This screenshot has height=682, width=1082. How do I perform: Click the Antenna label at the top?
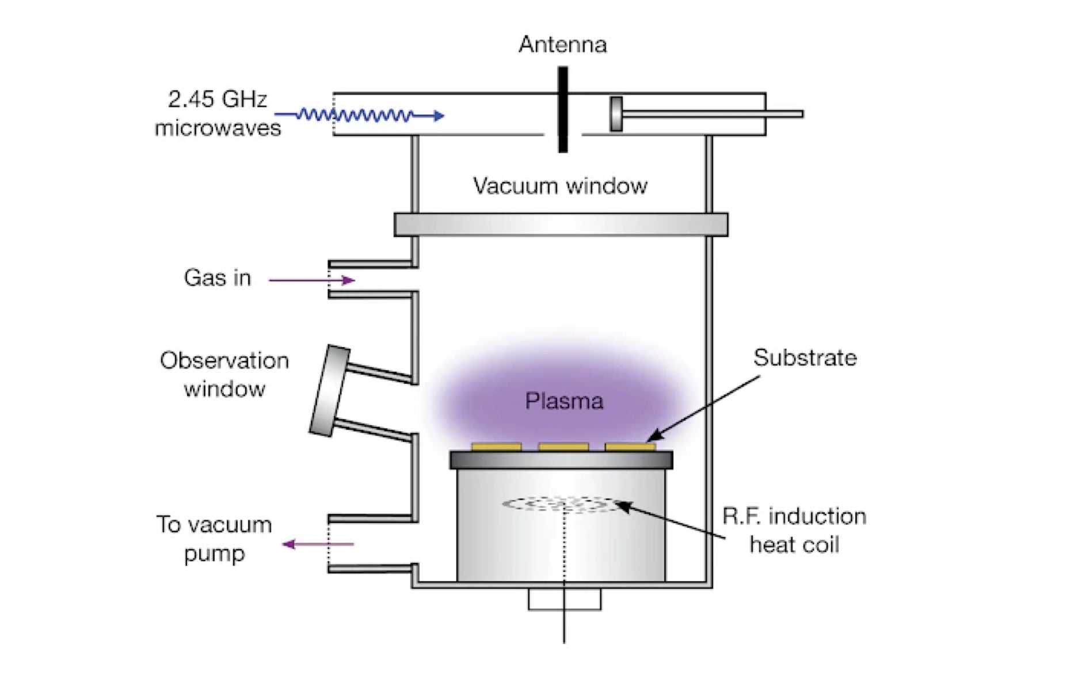[x=562, y=45]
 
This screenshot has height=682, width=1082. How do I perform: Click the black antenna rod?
[x=563, y=109]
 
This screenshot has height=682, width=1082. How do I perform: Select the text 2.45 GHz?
[x=218, y=100]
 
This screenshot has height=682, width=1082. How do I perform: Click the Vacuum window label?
[x=560, y=186]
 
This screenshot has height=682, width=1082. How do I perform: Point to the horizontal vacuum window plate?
[x=561, y=224]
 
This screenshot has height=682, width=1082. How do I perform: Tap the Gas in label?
[x=217, y=278]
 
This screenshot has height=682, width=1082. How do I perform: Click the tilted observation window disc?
[x=329, y=391]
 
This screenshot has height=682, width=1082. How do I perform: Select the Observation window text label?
[x=224, y=375]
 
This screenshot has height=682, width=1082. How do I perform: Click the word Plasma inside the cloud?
[x=564, y=401]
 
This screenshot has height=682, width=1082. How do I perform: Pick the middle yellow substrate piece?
[x=563, y=447]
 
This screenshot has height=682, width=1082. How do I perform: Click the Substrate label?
[x=805, y=358]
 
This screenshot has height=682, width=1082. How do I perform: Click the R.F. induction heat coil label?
[x=794, y=530]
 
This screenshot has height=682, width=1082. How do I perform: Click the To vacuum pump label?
[x=214, y=539]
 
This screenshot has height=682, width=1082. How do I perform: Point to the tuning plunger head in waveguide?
[x=616, y=114]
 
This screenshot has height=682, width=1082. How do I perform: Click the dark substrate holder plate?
[x=561, y=460]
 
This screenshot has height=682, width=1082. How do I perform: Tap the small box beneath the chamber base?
[x=565, y=599]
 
